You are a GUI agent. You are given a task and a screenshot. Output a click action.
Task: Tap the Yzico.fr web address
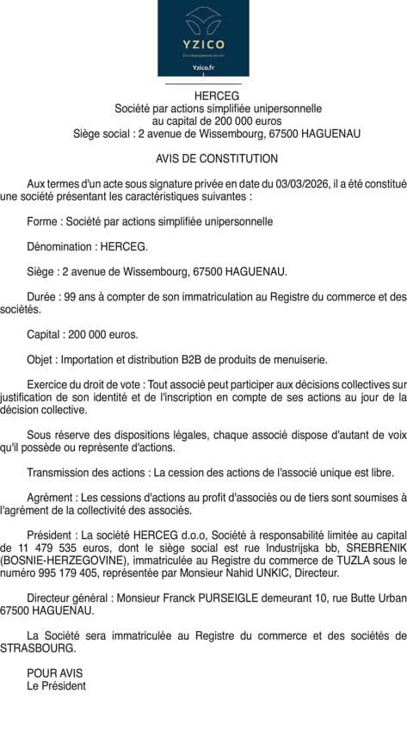tap(203, 66)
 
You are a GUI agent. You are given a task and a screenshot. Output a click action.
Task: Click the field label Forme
tap(43, 221)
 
